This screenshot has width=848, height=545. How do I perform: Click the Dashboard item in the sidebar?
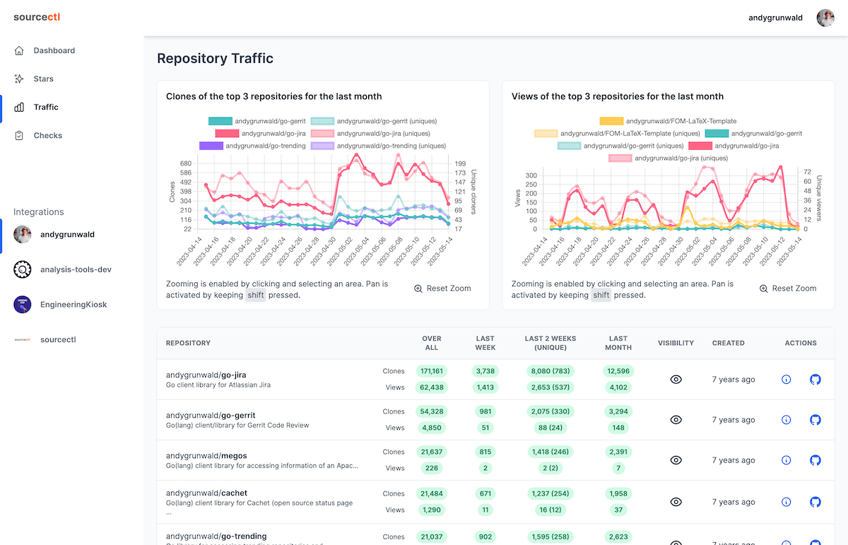click(54, 51)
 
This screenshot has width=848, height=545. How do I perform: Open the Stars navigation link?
click(43, 79)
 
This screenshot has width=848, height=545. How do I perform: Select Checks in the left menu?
click(47, 136)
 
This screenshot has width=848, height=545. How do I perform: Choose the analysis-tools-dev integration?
click(76, 269)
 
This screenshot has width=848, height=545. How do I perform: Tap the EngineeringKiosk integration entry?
click(73, 305)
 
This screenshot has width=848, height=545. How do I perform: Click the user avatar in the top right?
click(825, 18)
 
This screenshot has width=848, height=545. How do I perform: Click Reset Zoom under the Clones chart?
click(442, 288)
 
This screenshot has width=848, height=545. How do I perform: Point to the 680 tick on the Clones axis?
click(185, 163)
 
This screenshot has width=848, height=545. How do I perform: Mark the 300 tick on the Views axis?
click(530, 175)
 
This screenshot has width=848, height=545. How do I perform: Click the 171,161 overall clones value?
click(431, 371)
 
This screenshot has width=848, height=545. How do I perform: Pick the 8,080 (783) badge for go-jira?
click(550, 371)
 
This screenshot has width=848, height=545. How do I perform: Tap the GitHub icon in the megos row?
click(815, 460)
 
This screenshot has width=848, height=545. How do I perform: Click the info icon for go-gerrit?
click(786, 420)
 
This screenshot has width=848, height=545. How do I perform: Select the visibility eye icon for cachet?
click(676, 502)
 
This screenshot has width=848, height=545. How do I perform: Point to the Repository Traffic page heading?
click(215, 59)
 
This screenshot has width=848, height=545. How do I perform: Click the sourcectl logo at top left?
click(37, 17)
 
